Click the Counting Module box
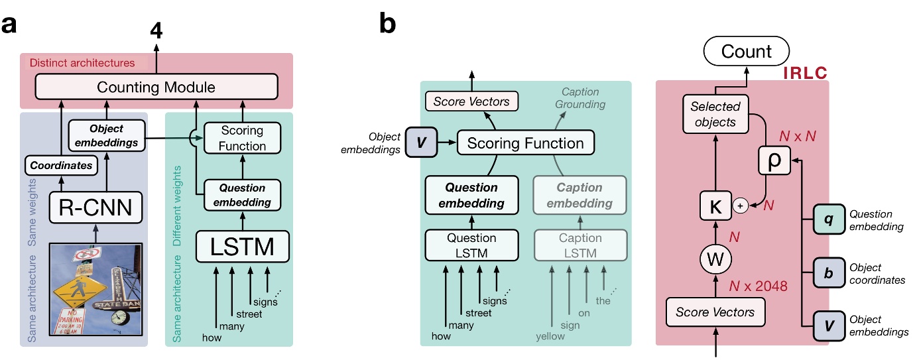coord(156,87)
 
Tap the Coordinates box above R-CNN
coord(60,165)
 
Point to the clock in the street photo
coord(120,317)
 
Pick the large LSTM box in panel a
coord(243,247)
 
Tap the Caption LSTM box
coord(580,245)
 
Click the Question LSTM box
coord(471,245)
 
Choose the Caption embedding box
coord(580,196)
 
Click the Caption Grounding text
coord(580,98)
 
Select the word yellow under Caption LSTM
coord(550,336)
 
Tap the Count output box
coord(747,51)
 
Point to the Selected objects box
coord(715,113)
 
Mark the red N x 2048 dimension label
coord(758,286)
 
